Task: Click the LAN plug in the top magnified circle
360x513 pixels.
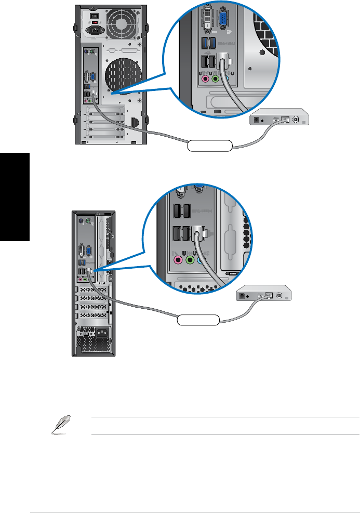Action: [x=223, y=59]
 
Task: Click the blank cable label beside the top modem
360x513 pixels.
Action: [x=210, y=145]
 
